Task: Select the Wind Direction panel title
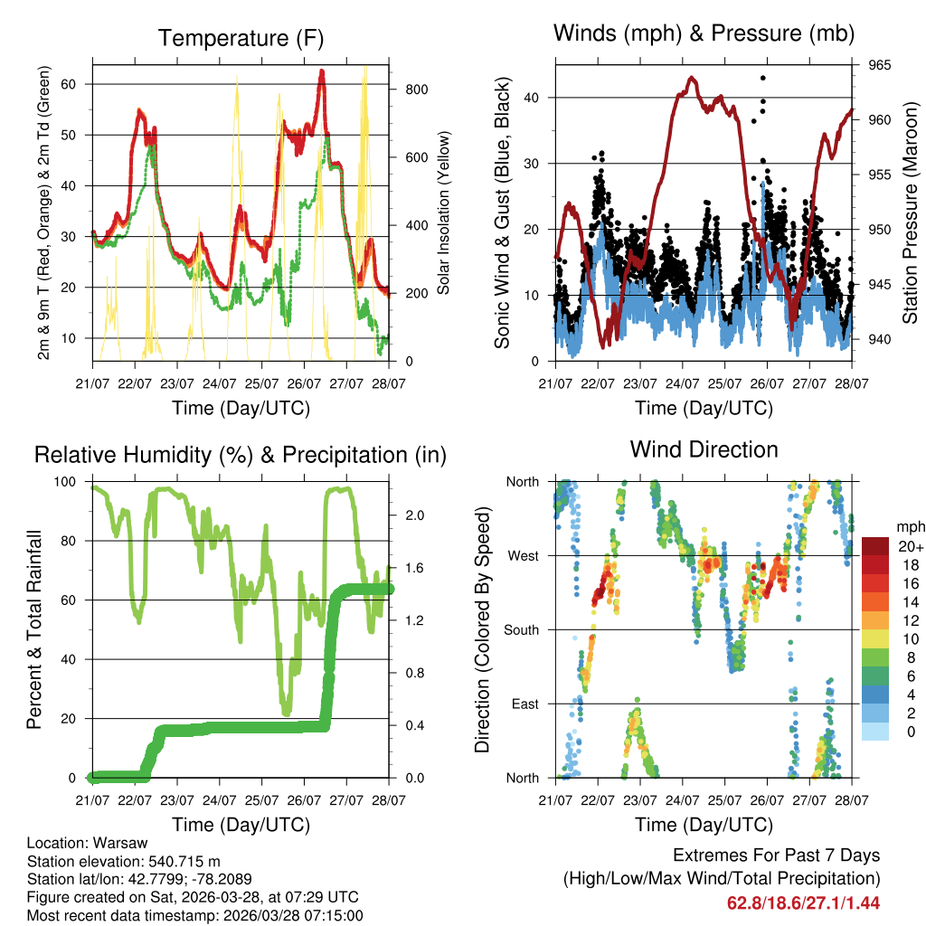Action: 704,449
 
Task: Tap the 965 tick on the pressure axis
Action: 881,65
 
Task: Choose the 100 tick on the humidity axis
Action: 67,481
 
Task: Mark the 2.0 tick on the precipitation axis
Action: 415,515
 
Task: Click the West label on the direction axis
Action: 522,555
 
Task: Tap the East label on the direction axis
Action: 524,704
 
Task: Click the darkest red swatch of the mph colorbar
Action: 874,546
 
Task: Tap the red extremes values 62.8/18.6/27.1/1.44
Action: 803,902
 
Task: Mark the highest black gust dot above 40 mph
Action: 762,79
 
